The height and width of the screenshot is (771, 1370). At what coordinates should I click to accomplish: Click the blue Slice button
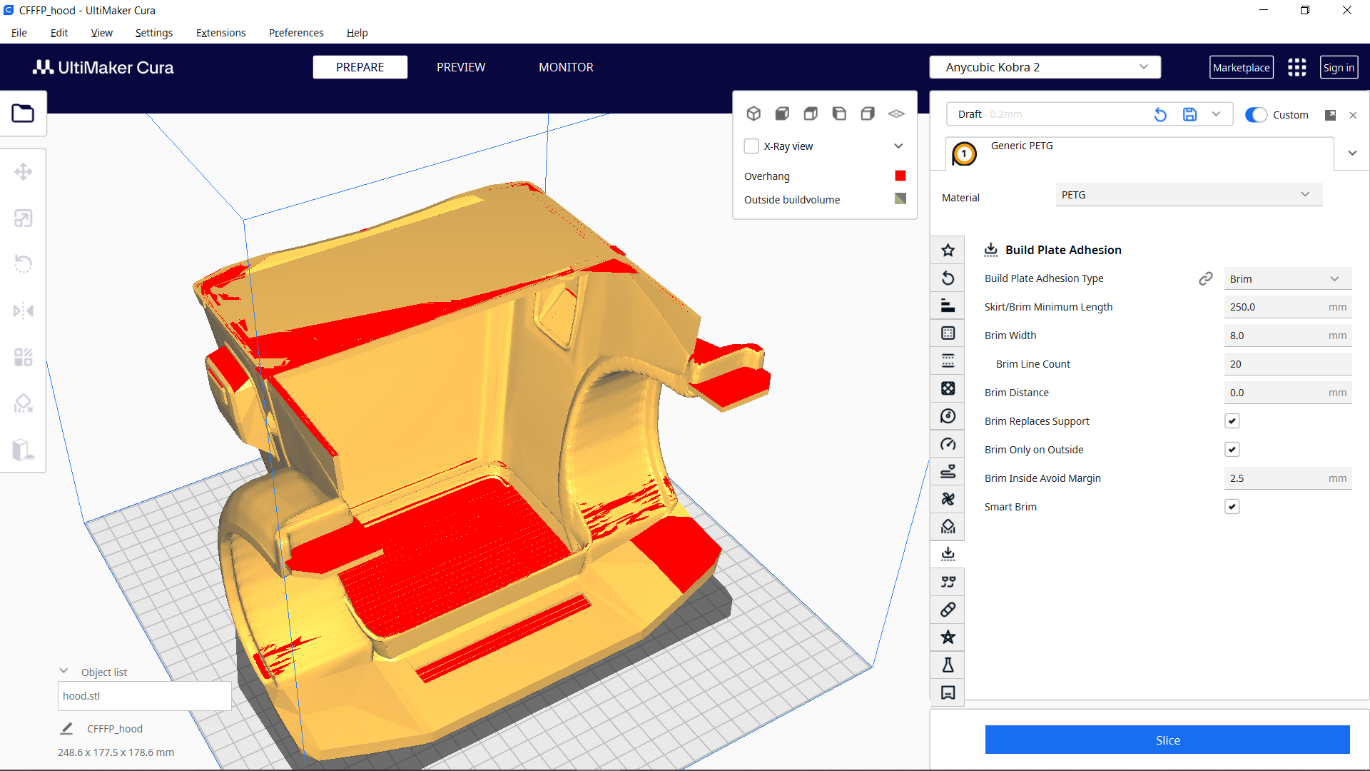pyautogui.click(x=1167, y=740)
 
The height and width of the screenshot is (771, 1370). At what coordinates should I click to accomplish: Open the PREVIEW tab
pyautogui.click(x=461, y=67)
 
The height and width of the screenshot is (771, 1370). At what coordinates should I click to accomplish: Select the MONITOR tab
pyautogui.click(x=566, y=67)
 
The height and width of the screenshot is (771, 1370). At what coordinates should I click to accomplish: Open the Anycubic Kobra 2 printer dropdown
pyautogui.click(x=1045, y=67)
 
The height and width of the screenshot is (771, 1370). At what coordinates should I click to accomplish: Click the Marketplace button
pyautogui.click(x=1241, y=68)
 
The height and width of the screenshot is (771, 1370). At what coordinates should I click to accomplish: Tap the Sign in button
pyautogui.click(x=1339, y=68)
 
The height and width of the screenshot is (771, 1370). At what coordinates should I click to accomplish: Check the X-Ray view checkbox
pyautogui.click(x=751, y=146)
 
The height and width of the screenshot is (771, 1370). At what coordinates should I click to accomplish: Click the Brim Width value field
pyautogui.click(x=1277, y=336)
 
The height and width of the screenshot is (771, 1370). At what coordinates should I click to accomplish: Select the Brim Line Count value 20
pyautogui.click(x=1277, y=364)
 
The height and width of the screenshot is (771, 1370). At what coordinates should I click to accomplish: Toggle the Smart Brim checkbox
pyautogui.click(x=1232, y=507)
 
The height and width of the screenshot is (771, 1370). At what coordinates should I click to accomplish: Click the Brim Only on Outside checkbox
pyautogui.click(x=1232, y=450)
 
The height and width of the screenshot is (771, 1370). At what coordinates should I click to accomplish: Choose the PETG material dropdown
pyautogui.click(x=1188, y=195)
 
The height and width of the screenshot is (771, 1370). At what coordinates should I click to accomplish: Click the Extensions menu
pyautogui.click(x=220, y=33)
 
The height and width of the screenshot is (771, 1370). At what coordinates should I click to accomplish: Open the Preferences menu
pyautogui.click(x=296, y=33)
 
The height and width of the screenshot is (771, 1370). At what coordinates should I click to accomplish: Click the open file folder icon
pyautogui.click(x=23, y=114)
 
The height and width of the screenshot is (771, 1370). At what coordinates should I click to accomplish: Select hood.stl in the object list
pyautogui.click(x=143, y=696)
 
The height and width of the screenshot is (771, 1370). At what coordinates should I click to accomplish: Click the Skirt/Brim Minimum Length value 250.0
pyautogui.click(x=1277, y=307)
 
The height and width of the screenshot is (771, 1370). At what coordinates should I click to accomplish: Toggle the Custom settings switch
pyautogui.click(x=1256, y=115)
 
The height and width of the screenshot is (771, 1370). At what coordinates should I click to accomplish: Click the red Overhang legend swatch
pyautogui.click(x=900, y=176)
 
